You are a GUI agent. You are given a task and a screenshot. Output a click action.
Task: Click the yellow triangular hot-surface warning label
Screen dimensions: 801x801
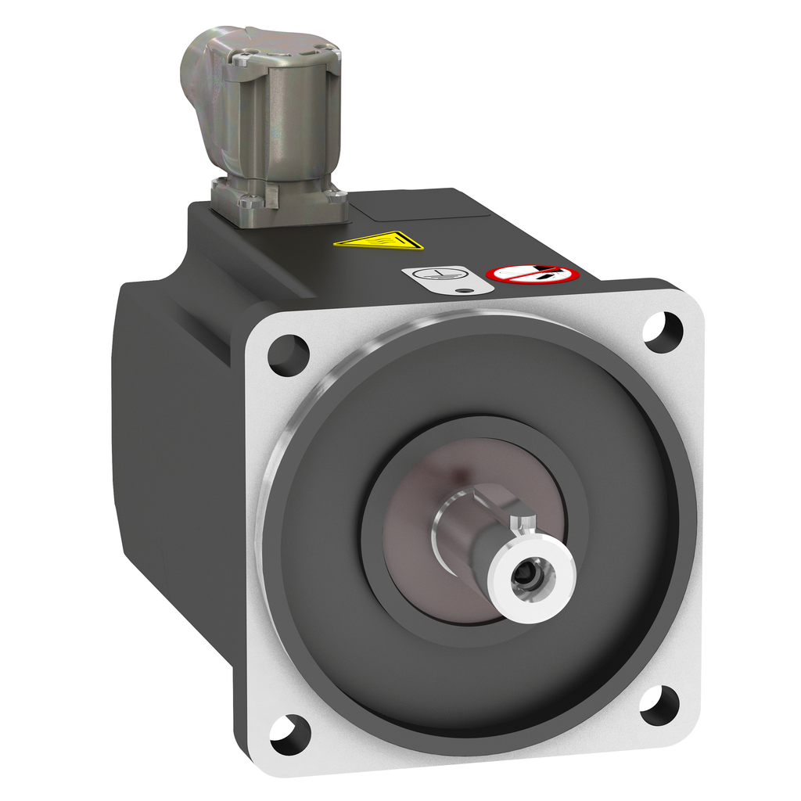379,240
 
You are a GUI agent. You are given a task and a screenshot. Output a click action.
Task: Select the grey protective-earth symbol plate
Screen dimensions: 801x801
447,279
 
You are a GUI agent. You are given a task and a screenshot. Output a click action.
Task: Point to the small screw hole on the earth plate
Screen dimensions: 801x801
467,290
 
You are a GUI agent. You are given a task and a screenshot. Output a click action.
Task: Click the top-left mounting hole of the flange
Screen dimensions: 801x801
288,354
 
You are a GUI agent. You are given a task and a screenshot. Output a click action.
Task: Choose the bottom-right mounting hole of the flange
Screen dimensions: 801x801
659,705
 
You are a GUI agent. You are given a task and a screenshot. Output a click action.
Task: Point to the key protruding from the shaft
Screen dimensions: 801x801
523,523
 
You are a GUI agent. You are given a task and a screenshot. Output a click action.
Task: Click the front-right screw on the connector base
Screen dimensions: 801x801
336,196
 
